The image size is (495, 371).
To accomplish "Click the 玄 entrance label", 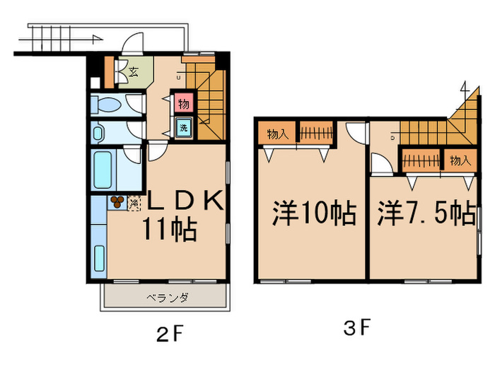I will click(x=134, y=71).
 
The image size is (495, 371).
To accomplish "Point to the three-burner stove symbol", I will click(x=117, y=202).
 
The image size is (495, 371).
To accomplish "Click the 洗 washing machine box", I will click(x=183, y=129).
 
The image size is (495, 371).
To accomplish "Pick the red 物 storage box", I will click(x=183, y=104).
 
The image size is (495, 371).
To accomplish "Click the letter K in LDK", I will click(x=213, y=200).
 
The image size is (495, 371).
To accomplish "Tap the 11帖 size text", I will click(x=170, y=228).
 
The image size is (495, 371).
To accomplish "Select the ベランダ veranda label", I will click(x=168, y=298).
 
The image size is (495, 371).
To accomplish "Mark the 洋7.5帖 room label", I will click(x=426, y=212).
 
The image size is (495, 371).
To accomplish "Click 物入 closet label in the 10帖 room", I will click(x=278, y=133).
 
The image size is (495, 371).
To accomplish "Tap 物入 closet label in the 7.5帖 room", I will click(x=459, y=160).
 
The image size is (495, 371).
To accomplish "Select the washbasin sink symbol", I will click(x=98, y=131).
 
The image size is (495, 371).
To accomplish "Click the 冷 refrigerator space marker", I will click(x=134, y=203).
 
